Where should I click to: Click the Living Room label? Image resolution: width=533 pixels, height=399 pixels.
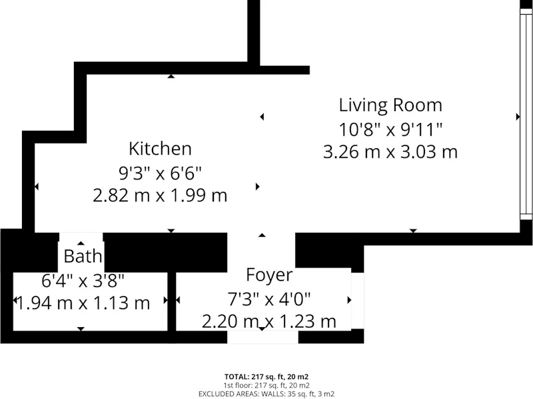[390, 105]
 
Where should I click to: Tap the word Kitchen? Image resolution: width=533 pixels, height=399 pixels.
[160, 148]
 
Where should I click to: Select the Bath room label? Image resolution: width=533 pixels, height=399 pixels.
[83, 256]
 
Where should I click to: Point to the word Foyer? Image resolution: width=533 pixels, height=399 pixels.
[269, 275]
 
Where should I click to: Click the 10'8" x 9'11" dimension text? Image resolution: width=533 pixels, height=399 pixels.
[390, 129]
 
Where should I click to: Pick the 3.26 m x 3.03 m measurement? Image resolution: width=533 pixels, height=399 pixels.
[390, 152]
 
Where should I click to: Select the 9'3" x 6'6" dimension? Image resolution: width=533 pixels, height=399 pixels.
[160, 174]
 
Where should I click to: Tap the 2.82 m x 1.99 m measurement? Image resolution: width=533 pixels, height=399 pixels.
[160, 196]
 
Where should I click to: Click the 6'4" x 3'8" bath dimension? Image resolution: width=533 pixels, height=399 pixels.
[83, 281]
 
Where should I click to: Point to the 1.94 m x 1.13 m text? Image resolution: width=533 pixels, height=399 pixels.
[83, 303]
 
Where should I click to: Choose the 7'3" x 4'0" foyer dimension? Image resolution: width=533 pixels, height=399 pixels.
[269, 299]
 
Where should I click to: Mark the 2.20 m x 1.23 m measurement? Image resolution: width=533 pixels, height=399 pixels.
[269, 321]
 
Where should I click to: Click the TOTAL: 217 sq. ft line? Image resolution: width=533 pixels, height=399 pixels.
[266, 376]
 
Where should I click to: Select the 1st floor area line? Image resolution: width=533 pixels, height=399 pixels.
[266, 386]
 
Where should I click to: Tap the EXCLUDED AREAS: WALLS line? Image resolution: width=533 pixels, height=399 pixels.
[266, 394]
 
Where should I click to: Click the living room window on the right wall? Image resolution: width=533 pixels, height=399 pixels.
[526, 114]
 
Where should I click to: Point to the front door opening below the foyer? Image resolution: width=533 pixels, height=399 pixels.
[263, 337]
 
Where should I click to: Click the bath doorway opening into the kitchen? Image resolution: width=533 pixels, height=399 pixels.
[81, 237]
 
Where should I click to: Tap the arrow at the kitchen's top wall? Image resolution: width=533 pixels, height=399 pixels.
[171, 76]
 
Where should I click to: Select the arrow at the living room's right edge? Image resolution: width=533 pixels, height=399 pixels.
[518, 117]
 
